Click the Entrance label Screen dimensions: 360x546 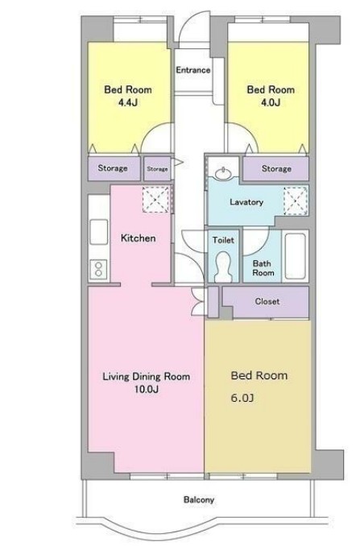coord(192,70)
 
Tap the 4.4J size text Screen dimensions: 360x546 coord(128,102)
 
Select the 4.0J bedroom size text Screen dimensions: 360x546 coord(271,102)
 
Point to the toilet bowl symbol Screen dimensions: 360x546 coord(223,267)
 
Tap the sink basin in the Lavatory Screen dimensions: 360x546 coord(223,173)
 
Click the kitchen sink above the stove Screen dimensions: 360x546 coord(99,232)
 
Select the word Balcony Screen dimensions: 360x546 coord(199,500)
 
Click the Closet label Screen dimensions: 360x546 coord(267,301)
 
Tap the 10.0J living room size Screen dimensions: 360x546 coord(147,389)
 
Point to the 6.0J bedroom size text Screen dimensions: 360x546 coord(242,398)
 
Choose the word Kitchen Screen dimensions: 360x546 coord(138,238)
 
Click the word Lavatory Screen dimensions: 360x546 coord(246,202)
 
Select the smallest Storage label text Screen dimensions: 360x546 coord(157,169)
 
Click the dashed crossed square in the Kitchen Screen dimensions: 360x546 coord(155,200)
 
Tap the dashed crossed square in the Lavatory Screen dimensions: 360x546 coord(296,201)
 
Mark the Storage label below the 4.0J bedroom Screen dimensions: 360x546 coord(276,169)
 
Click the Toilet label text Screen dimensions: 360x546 coord(223,240)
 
